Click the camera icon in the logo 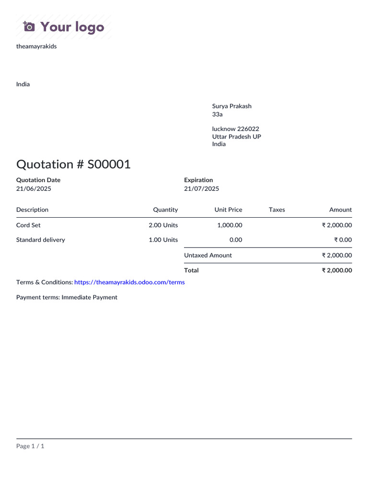point(29,26)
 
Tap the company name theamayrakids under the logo point(36,47)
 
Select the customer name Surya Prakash point(232,106)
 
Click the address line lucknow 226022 point(236,129)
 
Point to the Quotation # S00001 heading point(73,164)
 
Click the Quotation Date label point(38,180)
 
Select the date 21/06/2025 point(34,189)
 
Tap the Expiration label point(198,180)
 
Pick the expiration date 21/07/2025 point(202,189)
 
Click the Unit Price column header point(228,210)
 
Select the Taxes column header point(277,210)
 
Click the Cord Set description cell point(28,225)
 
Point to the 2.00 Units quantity point(163,225)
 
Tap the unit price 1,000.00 point(230,225)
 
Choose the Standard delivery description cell point(41,240)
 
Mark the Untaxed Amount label point(208,256)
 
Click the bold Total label point(191,270)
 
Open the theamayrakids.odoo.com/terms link point(129,282)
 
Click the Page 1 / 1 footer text point(30,446)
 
